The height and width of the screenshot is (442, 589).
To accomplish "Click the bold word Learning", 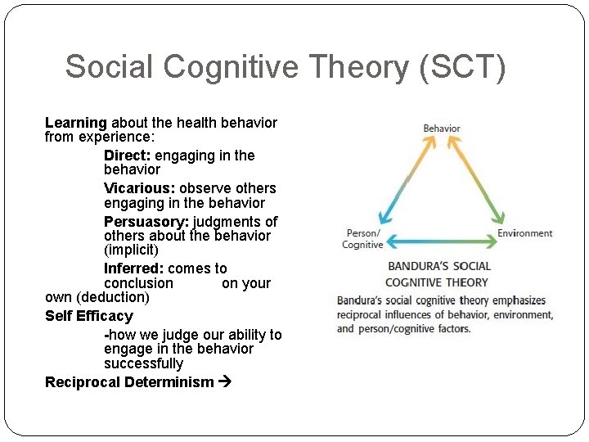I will pyautogui.click(x=76, y=123).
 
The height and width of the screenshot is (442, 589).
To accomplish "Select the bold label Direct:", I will pyautogui.click(x=128, y=156).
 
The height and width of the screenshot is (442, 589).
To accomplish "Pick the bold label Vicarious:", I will pyautogui.click(x=140, y=188).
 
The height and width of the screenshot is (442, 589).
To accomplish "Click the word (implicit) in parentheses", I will pyautogui.click(x=131, y=250).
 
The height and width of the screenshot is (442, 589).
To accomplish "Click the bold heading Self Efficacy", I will pyautogui.click(x=89, y=316).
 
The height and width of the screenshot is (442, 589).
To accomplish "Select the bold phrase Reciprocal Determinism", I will pyautogui.click(x=129, y=382).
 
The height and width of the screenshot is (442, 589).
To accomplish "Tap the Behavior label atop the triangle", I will pyautogui.click(x=442, y=129).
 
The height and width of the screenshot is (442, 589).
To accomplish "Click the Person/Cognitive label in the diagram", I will pyautogui.click(x=362, y=239).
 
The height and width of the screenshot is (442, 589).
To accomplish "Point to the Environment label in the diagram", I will pyautogui.click(x=525, y=233).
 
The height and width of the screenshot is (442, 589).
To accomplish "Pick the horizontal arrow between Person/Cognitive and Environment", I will pyautogui.click(x=441, y=241).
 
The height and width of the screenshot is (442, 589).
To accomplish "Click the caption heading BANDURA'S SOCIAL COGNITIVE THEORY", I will pyautogui.click(x=438, y=274).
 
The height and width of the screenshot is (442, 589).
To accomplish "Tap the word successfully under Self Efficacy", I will pyautogui.click(x=143, y=363).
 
